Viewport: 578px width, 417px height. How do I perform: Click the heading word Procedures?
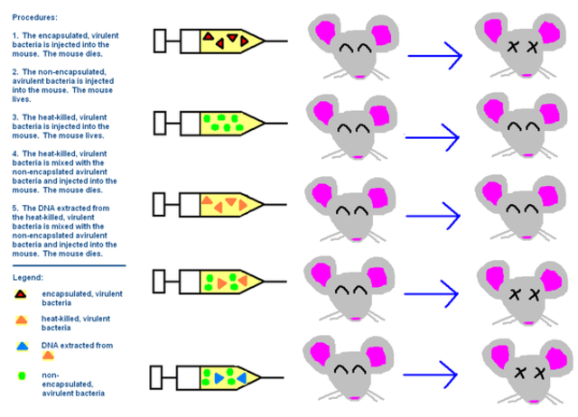34,16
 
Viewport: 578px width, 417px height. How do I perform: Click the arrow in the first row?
434,57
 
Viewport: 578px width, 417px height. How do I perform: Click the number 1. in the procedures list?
15,34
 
